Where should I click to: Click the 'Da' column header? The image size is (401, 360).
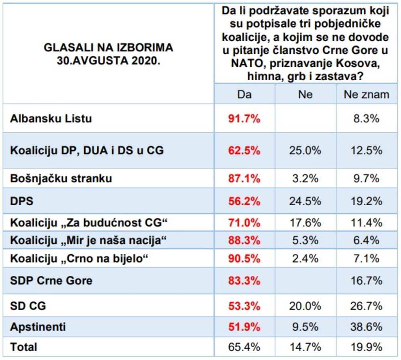tap(244, 94)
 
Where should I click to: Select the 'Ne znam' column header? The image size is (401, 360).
tap(366, 94)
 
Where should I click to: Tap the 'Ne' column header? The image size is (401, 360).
tap(305, 94)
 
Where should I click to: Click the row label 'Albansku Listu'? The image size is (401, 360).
tap(51, 119)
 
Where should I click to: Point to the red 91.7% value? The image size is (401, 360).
tap(244, 119)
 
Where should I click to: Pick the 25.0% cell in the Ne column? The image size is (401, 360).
tap(305, 151)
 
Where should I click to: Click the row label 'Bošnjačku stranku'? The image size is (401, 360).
tap(61, 179)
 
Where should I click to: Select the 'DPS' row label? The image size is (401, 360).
tap(21, 201)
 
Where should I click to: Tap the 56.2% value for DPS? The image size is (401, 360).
tap(244, 201)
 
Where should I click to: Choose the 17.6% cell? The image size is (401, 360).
tap(305, 222)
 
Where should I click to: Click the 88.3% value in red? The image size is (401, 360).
tap(244, 241)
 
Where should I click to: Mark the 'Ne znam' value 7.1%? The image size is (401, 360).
tap(366, 259)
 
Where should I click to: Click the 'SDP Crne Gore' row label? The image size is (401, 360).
tap(51, 280)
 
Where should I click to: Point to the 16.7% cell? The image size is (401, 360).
tap(366, 280)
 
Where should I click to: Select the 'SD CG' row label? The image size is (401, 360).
tap(28, 306)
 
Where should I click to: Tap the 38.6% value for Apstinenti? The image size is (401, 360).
tap(366, 327)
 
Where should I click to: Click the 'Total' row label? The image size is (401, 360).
tap(24, 347)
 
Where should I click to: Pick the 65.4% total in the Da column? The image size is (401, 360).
tap(244, 347)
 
